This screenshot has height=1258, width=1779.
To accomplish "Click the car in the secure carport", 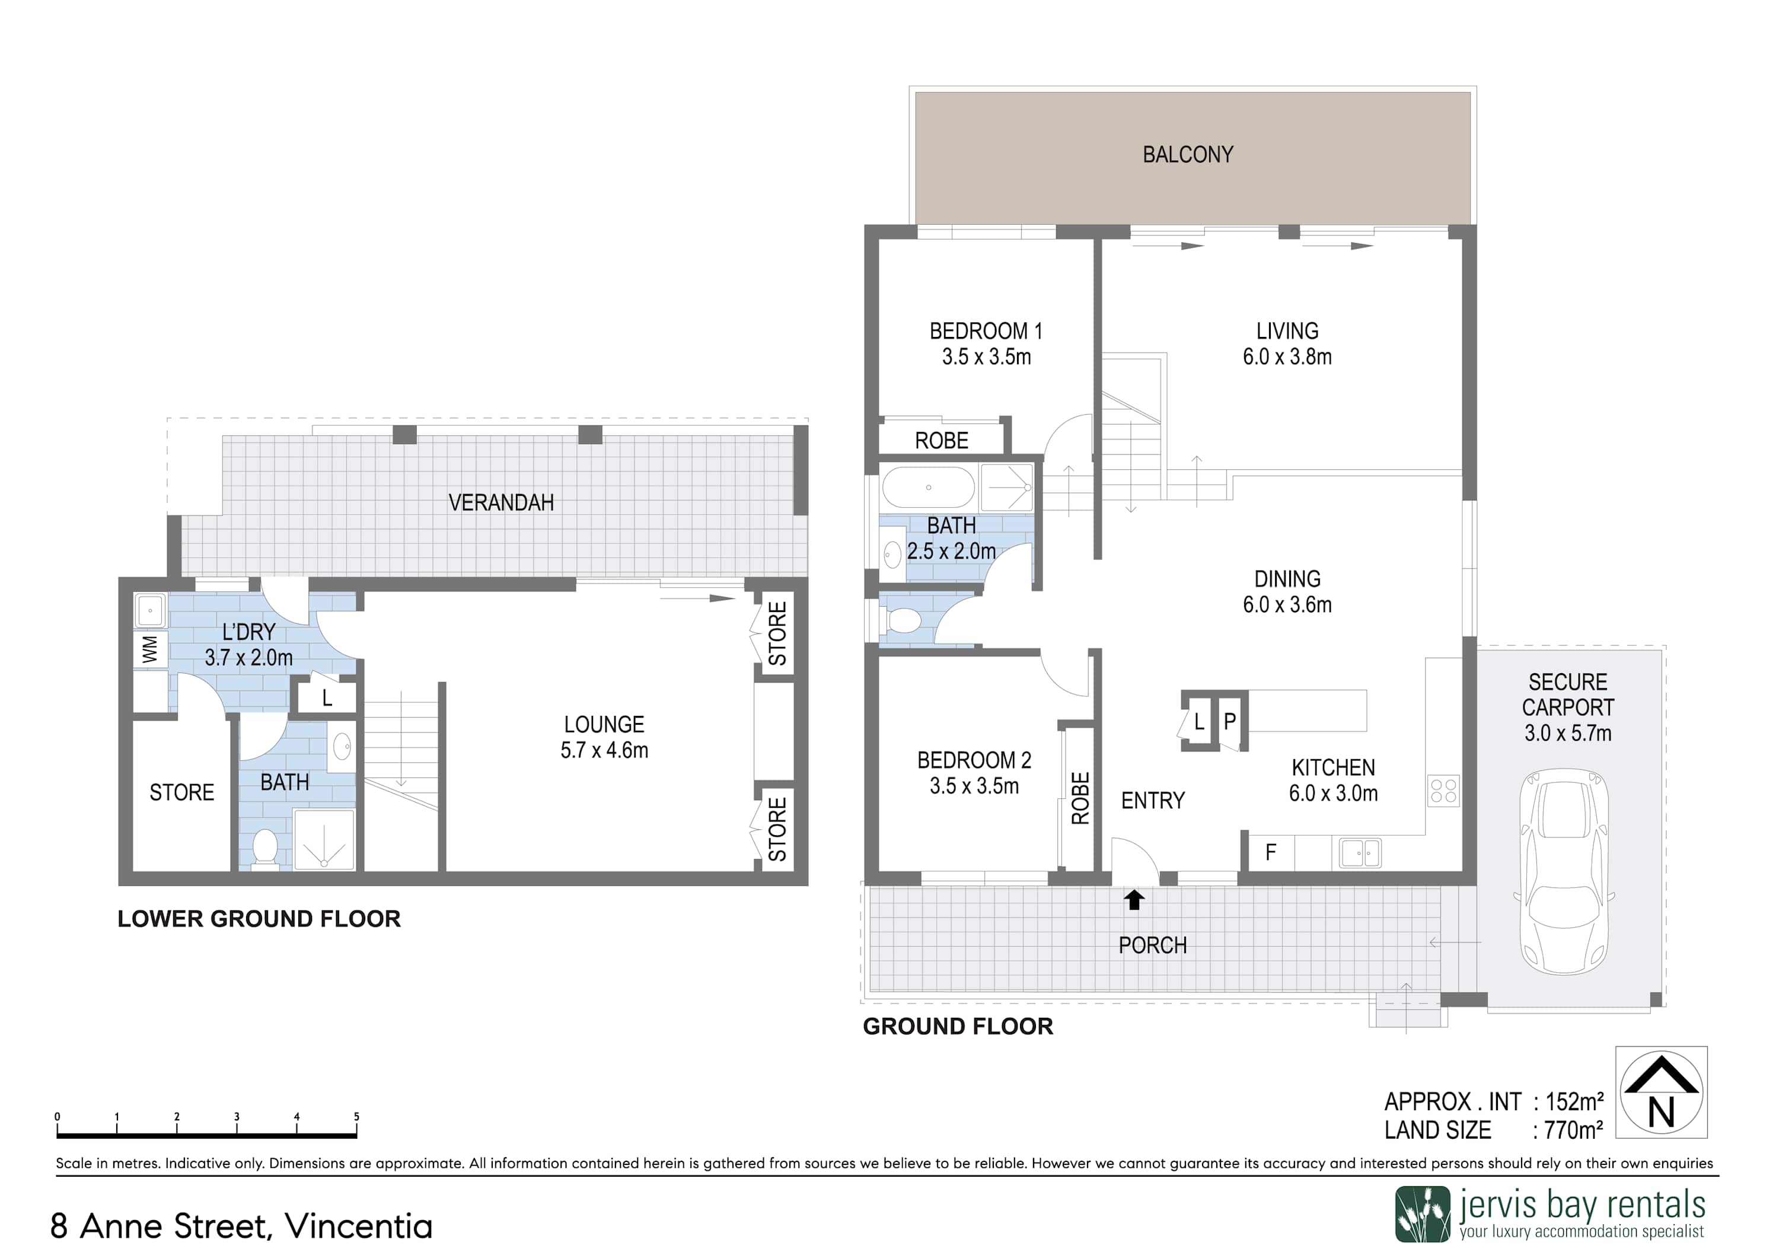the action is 1565,871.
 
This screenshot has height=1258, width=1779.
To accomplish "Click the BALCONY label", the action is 1188,155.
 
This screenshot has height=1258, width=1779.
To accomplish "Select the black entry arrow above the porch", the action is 1134,899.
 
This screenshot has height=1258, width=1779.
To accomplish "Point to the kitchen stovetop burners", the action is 1443,791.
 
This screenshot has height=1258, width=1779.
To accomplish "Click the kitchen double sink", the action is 1360,853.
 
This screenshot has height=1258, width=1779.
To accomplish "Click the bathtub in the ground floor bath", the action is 928,488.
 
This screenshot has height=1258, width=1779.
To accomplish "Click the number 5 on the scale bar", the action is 356,1116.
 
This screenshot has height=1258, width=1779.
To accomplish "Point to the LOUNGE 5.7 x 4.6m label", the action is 604,737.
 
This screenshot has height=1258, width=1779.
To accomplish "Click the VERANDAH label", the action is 501,503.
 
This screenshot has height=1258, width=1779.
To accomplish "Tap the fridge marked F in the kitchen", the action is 1271,853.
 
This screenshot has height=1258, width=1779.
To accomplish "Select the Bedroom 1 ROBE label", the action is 942,441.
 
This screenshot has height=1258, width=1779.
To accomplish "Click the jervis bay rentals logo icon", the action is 1423,1214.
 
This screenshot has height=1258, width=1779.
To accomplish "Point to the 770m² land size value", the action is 1574,1131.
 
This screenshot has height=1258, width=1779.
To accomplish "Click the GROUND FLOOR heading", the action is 958,1027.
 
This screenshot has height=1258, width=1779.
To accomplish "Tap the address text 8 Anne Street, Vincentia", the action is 241,1226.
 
